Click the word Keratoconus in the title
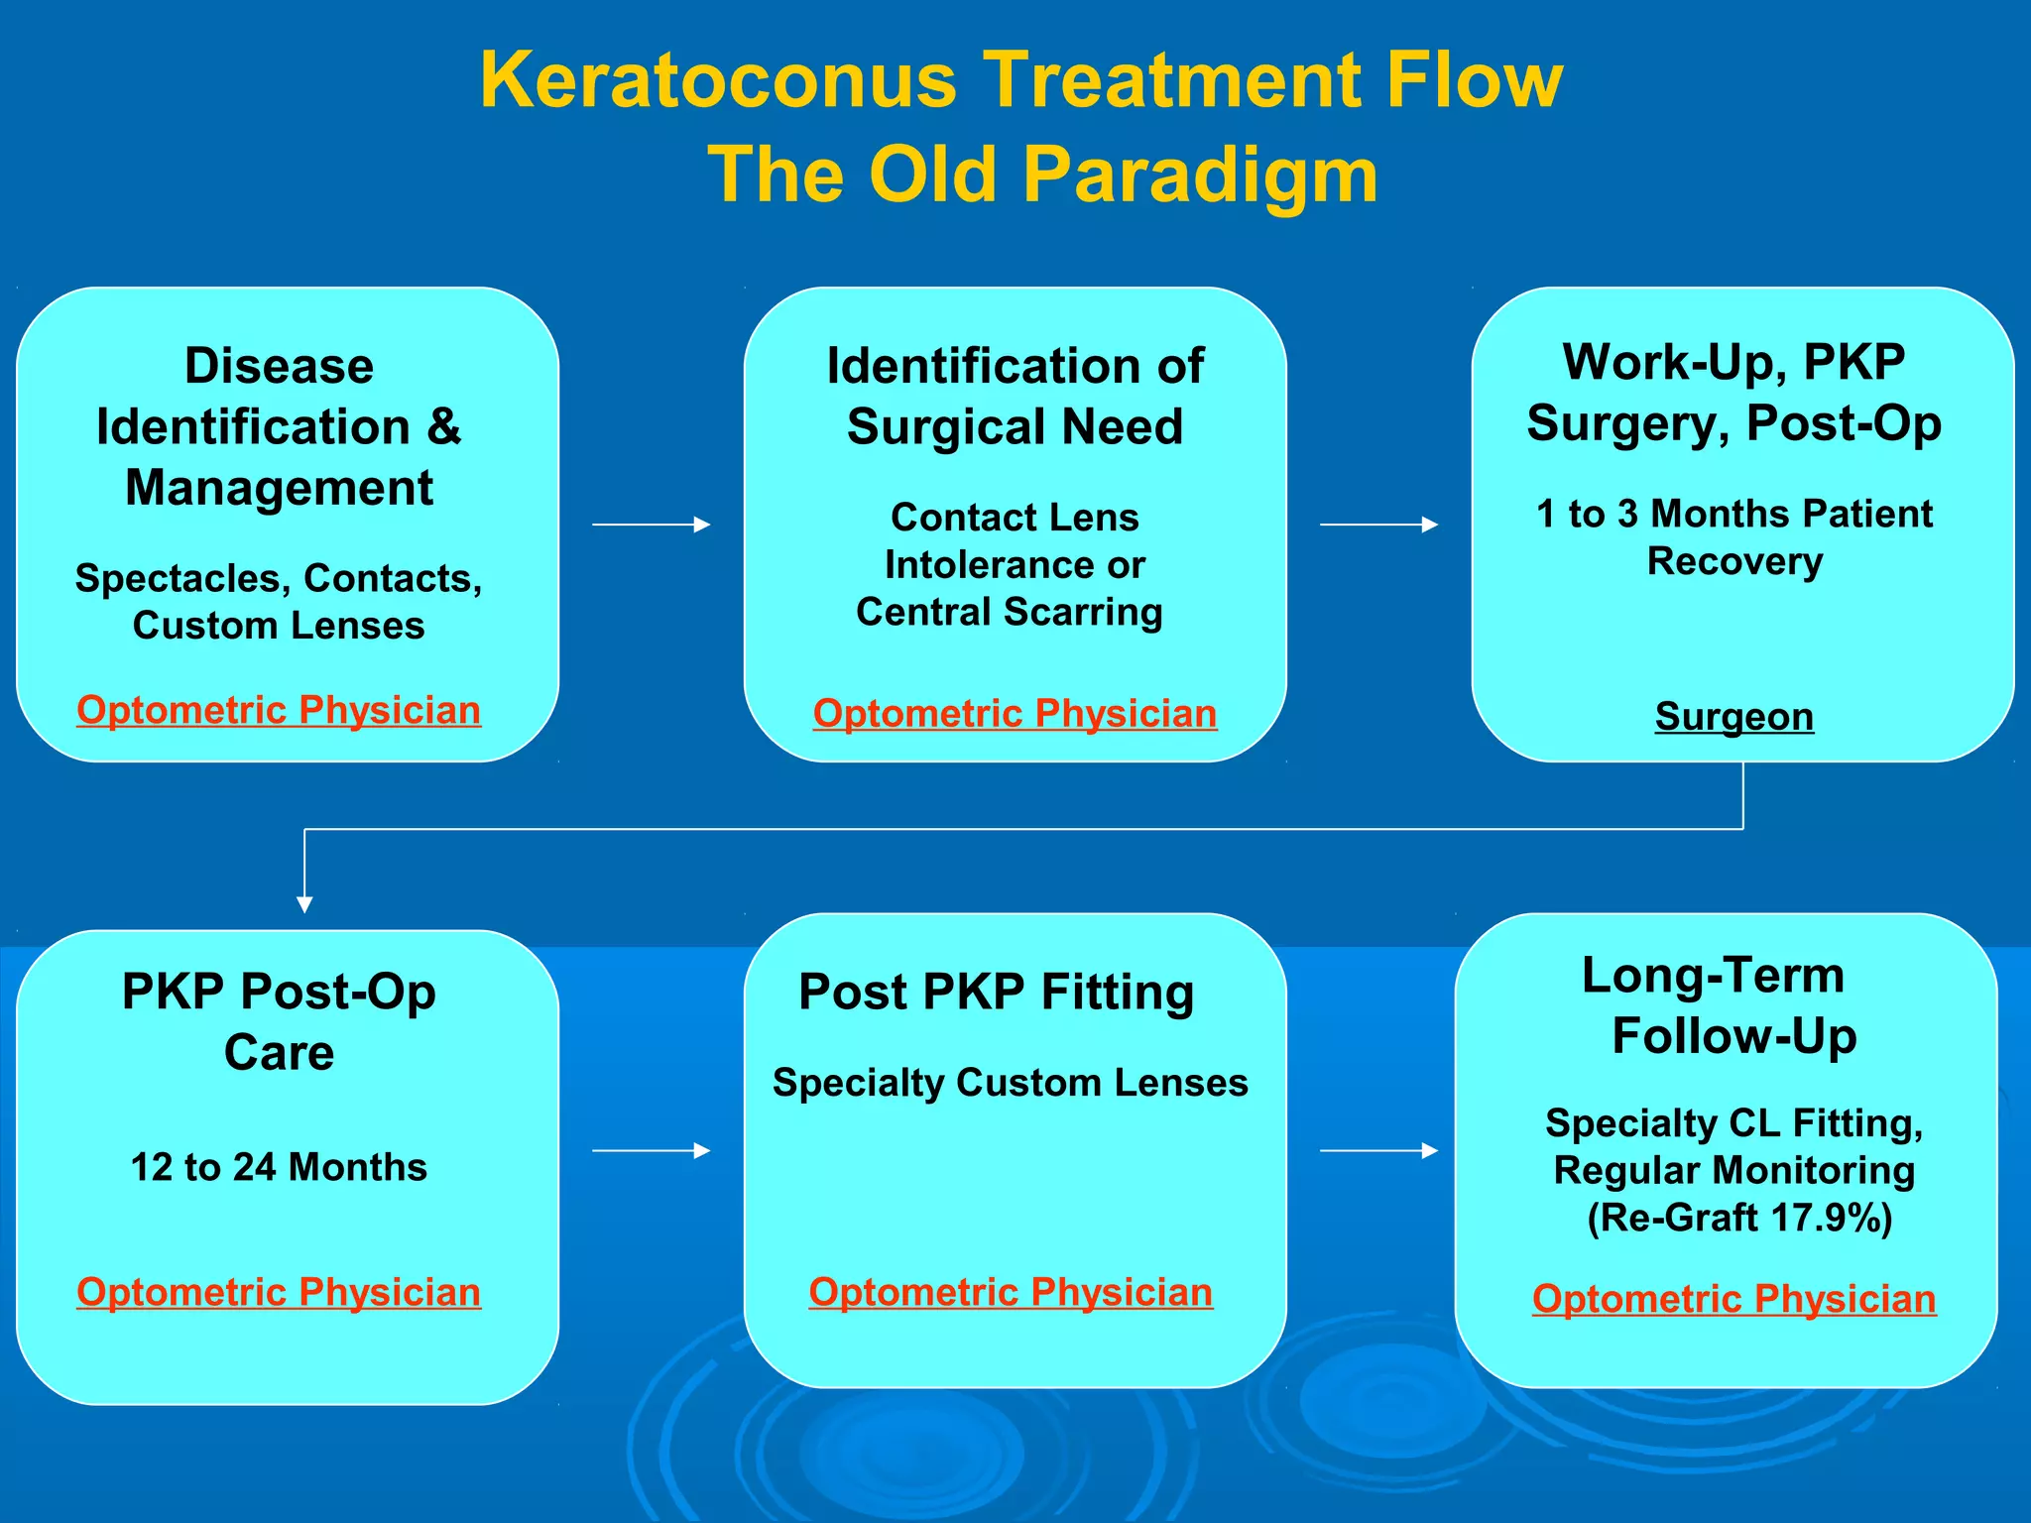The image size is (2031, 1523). coord(718,80)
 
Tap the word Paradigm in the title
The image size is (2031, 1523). coord(1200,176)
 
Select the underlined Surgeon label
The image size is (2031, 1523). coord(1733,716)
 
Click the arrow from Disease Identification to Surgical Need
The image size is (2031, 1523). coord(651,525)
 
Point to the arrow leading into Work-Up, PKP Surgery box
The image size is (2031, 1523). coord(1378,525)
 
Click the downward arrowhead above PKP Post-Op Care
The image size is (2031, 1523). coord(304,903)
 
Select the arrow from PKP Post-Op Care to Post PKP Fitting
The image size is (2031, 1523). coord(651,1150)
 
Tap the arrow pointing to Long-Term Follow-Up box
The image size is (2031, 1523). coord(1378,1150)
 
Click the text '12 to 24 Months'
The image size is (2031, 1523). coord(279,1167)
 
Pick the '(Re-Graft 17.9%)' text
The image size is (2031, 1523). coord(1739,1218)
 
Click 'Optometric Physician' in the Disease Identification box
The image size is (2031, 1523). coord(279,710)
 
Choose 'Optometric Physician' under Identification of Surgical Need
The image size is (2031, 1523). coord(1015,714)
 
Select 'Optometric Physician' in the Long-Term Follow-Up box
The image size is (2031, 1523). coord(1733,1299)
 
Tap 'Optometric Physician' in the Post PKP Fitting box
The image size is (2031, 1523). coord(1011,1292)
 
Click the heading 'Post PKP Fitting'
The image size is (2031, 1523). coord(996,992)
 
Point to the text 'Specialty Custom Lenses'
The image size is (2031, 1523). coord(1011,1083)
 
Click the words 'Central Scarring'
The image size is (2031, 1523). coord(1010,612)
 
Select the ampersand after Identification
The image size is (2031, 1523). coord(443,427)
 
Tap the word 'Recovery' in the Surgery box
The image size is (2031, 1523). coord(1734,561)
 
